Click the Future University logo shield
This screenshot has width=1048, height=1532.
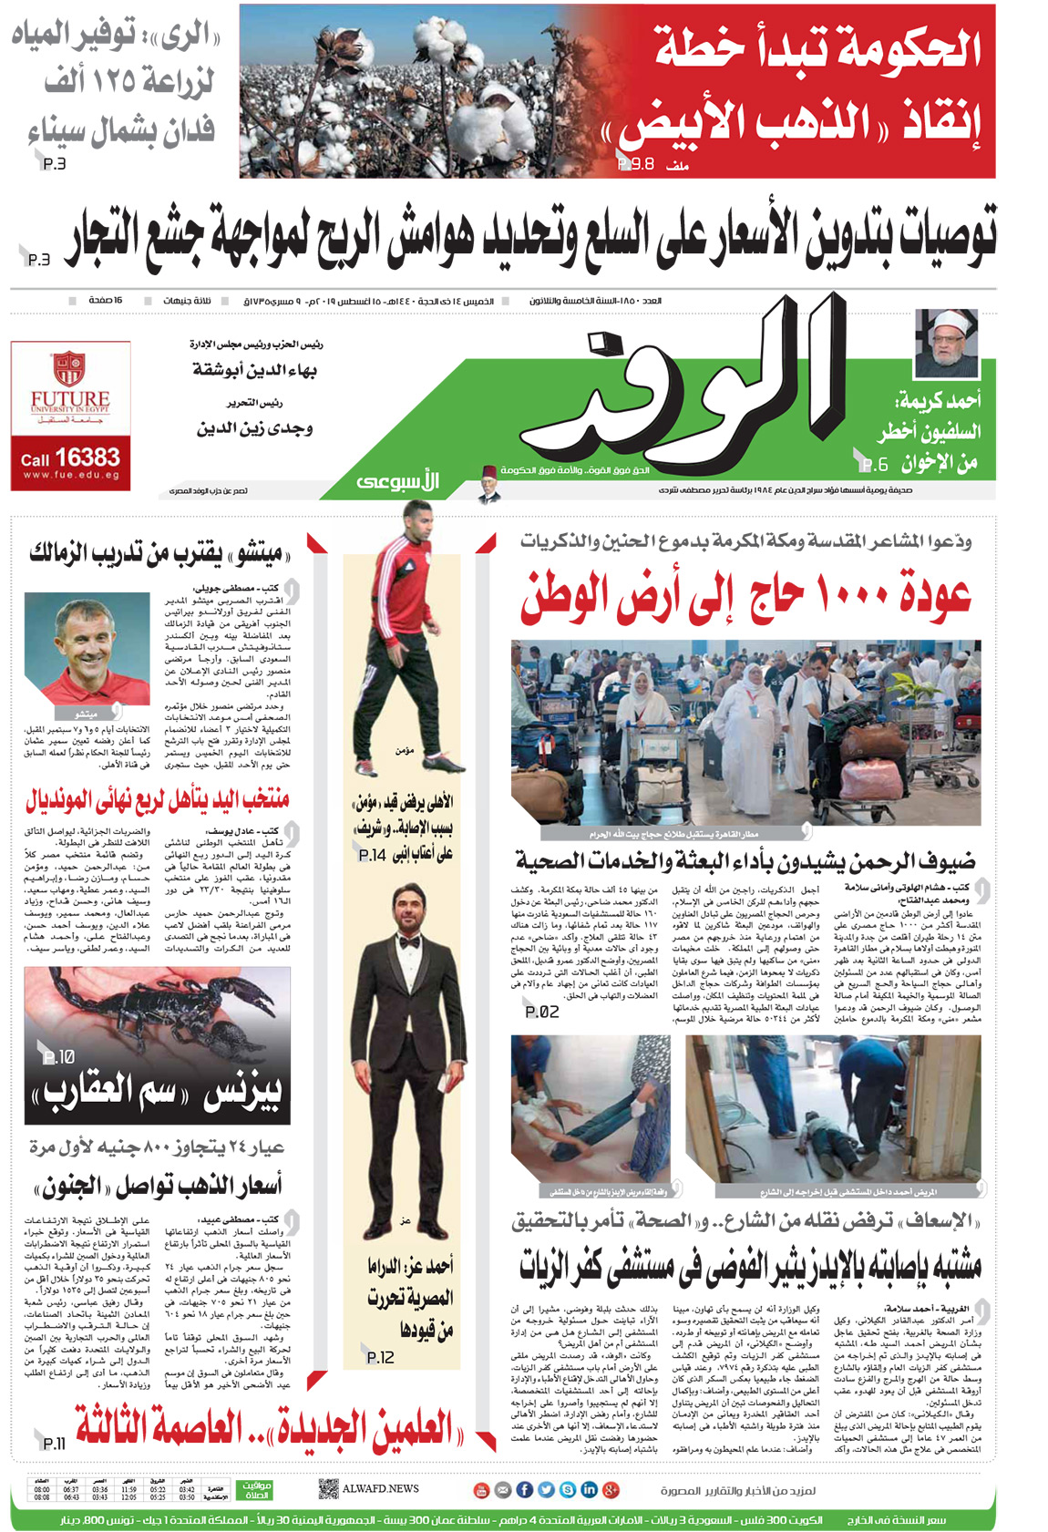[x=69, y=368]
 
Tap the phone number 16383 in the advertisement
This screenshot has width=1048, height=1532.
[x=85, y=457]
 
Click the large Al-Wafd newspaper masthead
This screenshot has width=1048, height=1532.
[x=679, y=387]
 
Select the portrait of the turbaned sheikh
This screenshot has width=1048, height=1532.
[x=946, y=344]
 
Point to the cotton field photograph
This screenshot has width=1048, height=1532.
[x=401, y=91]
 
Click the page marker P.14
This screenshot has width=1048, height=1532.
[x=373, y=855]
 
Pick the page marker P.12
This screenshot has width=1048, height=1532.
[x=380, y=1357]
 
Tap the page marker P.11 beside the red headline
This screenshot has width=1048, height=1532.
[x=55, y=1443]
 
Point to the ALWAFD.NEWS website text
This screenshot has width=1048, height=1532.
[x=380, y=1488]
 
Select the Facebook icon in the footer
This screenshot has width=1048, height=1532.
[x=525, y=1489]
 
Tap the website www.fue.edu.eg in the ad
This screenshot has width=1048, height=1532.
[x=71, y=475]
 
